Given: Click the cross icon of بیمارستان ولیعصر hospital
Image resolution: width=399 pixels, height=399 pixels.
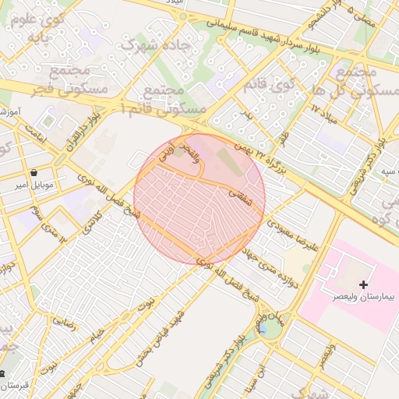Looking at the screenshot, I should click(x=363, y=285).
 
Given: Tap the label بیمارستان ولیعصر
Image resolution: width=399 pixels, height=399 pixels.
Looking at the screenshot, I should click(x=363, y=298).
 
